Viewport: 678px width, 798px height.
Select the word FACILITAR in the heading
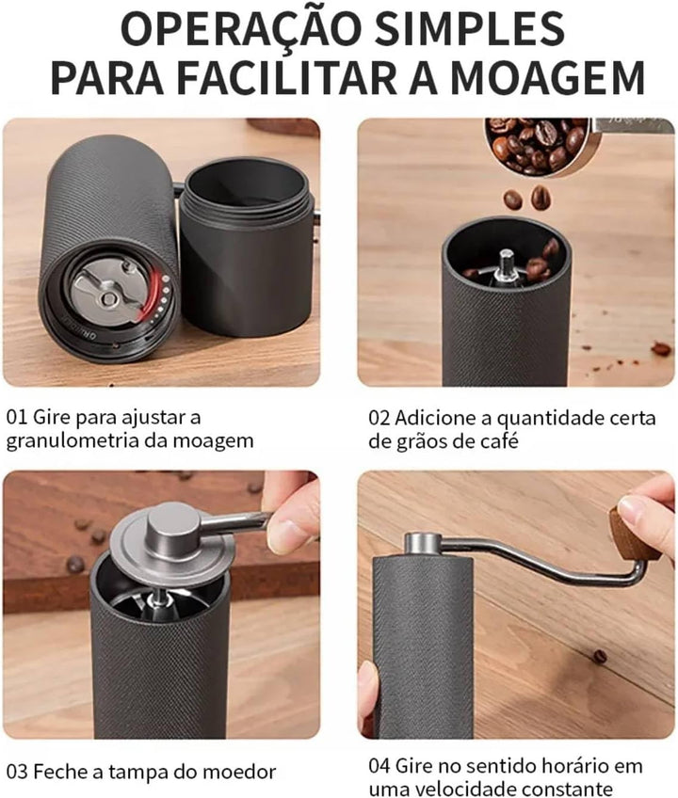289,78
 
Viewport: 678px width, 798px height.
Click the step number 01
16,417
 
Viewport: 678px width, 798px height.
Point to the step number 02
379,419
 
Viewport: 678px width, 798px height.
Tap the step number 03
17,772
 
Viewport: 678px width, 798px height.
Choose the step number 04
379,765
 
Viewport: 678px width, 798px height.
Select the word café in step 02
498,440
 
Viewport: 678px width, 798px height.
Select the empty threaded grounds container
246,247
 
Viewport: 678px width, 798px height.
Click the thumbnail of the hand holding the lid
161,604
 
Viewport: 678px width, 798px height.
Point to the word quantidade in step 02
551,419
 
